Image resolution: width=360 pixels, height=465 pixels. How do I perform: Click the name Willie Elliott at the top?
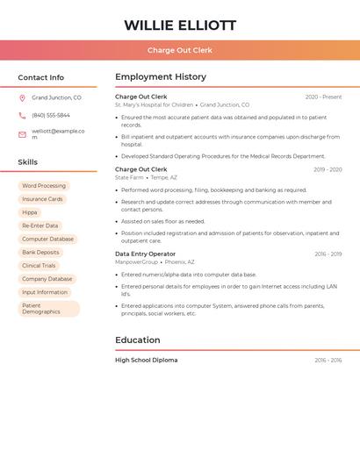pos(180,25)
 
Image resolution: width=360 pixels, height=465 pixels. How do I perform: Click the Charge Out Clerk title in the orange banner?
pos(180,50)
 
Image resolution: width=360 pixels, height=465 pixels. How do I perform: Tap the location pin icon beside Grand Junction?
pos(22,97)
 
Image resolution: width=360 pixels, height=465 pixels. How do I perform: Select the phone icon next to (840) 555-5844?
pos(22,115)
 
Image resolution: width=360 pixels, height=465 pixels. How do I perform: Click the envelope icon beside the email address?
pos(22,134)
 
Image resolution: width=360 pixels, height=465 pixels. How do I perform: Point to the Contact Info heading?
pos(41,77)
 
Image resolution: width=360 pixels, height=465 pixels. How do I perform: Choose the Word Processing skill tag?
pos(44,186)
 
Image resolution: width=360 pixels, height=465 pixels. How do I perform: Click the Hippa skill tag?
pos(30,212)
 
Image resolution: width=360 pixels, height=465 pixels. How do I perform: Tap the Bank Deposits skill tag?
pos(41,252)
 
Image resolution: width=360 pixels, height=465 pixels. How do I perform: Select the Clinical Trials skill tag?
pos(39,265)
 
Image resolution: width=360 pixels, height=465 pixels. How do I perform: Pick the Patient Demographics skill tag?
pos(48,309)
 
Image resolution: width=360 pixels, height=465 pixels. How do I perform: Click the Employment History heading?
pos(161,77)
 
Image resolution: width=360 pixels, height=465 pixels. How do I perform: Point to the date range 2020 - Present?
pos(323,97)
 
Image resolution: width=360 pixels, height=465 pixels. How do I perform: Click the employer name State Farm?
pos(129,177)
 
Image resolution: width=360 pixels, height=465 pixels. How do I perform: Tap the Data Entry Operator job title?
pos(145,254)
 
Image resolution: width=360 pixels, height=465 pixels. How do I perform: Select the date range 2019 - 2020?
pos(328,169)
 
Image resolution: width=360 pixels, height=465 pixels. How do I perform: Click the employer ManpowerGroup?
pos(136,261)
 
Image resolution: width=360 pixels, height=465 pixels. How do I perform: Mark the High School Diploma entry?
pos(146,360)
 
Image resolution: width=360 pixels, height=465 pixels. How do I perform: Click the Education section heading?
pos(138,340)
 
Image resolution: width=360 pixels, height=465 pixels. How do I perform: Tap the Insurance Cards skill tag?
pos(42,199)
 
